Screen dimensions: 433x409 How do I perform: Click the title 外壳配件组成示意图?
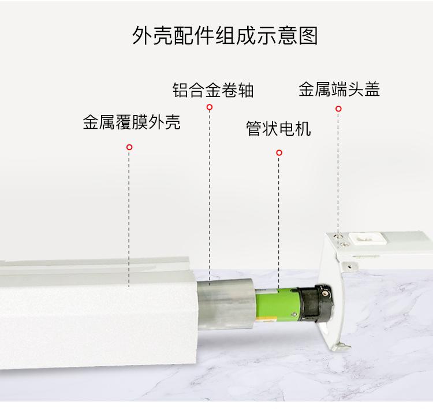pyautogui.click(x=225, y=35)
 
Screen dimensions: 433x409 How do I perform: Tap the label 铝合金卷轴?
pyautogui.click(x=213, y=90)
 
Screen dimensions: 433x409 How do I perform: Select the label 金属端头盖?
pyautogui.click(x=339, y=89)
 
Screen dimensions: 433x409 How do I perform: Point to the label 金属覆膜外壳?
pyautogui.click(x=132, y=122)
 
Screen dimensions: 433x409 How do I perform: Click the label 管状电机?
pyautogui.click(x=278, y=128)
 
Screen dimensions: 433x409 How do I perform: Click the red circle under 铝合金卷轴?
pyautogui.click(x=210, y=107)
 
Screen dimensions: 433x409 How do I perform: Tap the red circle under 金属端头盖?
pyautogui.click(x=338, y=109)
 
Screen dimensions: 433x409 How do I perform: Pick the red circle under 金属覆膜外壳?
pyautogui.click(x=129, y=147)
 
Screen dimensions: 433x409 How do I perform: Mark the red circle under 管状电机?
pyautogui.click(x=279, y=153)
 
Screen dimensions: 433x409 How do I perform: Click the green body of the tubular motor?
pyautogui.click(x=277, y=304)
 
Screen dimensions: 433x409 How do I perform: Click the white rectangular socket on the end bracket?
pyautogui.click(x=366, y=238)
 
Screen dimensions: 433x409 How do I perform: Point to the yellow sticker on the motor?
pyautogui.click(x=267, y=320)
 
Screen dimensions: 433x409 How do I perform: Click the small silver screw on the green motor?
pyautogui.click(x=294, y=314)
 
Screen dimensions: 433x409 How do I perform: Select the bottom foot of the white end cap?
pyautogui.click(x=341, y=346)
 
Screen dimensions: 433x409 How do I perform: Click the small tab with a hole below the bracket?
pyautogui.click(x=349, y=267)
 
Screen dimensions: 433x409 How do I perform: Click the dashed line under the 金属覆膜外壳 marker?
pyautogui.click(x=129, y=218)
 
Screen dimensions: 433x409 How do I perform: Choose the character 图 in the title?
pyautogui.click(x=308, y=36)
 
